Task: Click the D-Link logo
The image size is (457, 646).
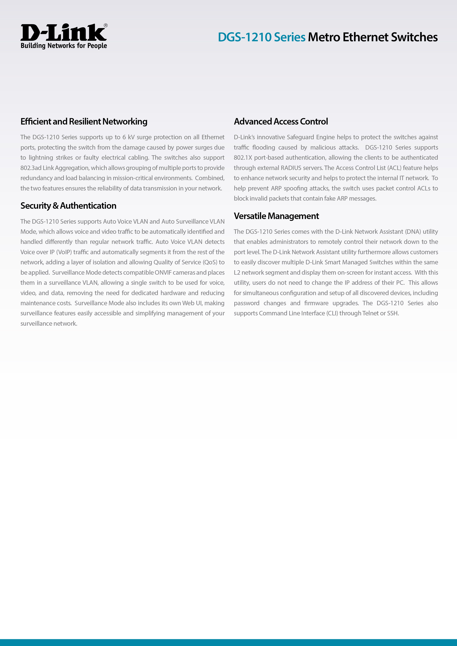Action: click(x=63, y=32)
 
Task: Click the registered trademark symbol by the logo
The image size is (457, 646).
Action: click(x=106, y=25)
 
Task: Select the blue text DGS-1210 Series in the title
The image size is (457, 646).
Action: click(x=261, y=37)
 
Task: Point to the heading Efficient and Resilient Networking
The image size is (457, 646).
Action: click(x=84, y=122)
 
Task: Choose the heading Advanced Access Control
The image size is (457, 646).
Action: click(x=281, y=122)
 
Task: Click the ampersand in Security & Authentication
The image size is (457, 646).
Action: click(x=55, y=206)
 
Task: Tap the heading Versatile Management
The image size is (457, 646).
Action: click(x=276, y=216)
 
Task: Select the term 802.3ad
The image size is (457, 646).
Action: click(x=31, y=168)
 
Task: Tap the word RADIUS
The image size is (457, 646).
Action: click(x=291, y=168)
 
